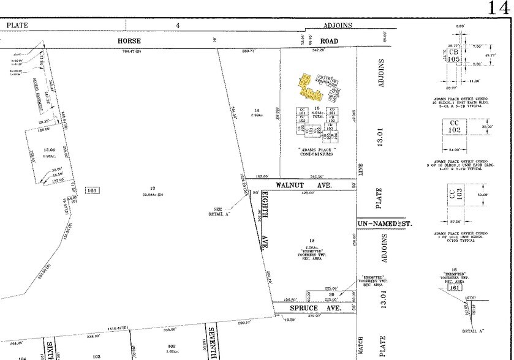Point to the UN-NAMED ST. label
coord(385,225)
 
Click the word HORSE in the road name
coord(129,41)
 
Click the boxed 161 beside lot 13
coord(93,191)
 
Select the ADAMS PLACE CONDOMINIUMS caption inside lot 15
coord(316,151)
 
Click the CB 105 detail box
coord(453,56)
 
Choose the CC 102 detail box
coord(454,126)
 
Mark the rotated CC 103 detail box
coord(454,195)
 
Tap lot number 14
coord(257,110)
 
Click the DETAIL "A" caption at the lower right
coord(474,331)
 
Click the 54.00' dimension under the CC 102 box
coord(454,149)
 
